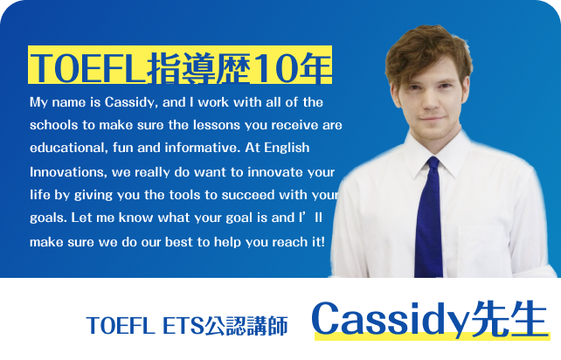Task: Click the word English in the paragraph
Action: [287, 149]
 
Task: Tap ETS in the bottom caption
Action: [183, 326]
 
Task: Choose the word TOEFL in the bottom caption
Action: [121, 326]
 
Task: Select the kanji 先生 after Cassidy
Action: [509, 319]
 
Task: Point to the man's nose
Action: [431, 102]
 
